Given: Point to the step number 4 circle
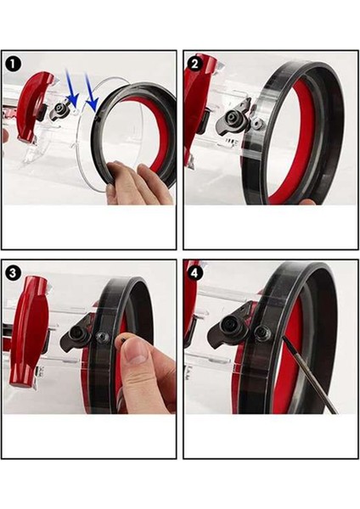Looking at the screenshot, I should tap(195, 272).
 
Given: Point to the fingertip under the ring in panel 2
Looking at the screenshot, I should tap(305, 202).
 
